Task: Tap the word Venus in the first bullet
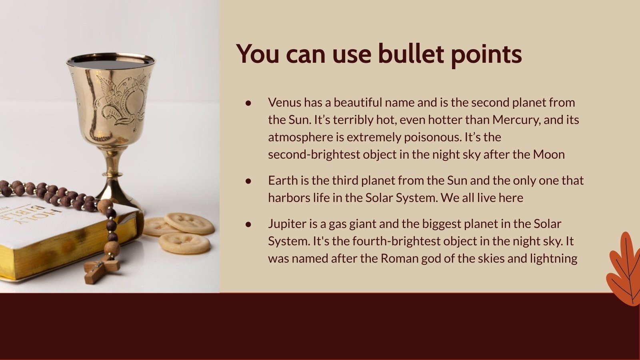pyautogui.click(x=284, y=102)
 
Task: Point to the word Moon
pyautogui.click(x=549, y=154)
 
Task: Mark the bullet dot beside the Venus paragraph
pyautogui.click(x=248, y=103)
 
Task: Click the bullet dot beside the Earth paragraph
pyautogui.click(x=248, y=181)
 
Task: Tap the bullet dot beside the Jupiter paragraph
pyautogui.click(x=248, y=224)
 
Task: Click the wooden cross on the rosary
pyautogui.click(x=102, y=269)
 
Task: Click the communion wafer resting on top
pyautogui.click(x=189, y=223)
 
